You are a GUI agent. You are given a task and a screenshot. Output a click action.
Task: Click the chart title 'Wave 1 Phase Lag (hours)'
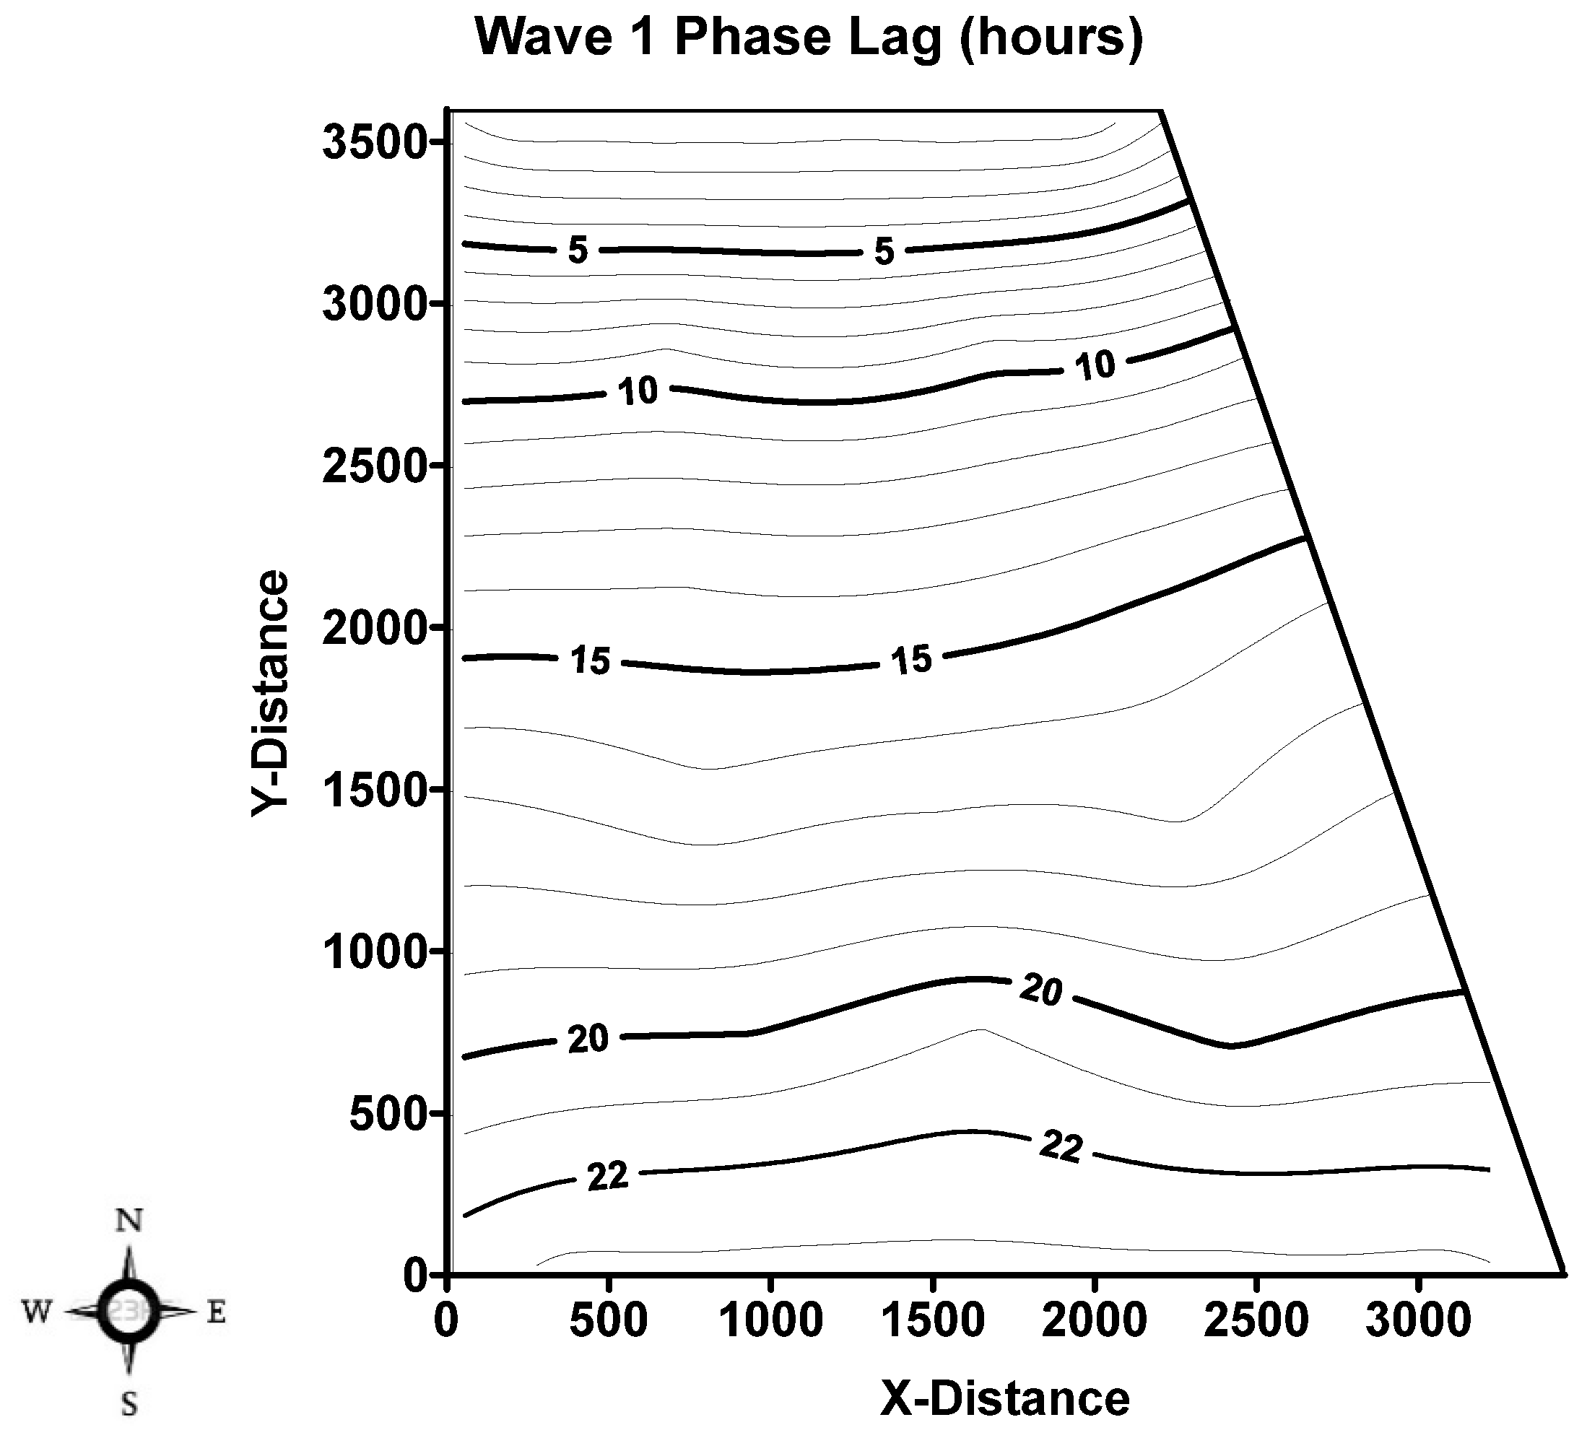809,37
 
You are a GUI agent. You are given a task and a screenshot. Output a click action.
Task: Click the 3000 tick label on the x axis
1418,1321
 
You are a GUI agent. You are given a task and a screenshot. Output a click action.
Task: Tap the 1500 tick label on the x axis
933,1321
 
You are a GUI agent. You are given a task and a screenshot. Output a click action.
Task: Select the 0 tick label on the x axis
446,1321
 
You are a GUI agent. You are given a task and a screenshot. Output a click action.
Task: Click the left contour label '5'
578,250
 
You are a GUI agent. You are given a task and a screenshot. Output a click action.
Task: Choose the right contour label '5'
884,252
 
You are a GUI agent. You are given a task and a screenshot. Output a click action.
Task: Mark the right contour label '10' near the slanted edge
1095,365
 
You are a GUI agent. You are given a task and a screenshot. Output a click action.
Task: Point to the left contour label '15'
591,661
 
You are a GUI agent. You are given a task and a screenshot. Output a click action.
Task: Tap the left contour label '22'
608,1177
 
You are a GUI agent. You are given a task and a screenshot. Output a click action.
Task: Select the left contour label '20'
588,1040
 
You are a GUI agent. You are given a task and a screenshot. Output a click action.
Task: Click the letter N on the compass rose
129,1220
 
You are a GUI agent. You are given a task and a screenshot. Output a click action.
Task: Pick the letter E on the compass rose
216,1312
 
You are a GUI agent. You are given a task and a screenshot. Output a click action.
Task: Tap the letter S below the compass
129,1403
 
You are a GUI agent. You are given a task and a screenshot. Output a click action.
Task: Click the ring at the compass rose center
129,1311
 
